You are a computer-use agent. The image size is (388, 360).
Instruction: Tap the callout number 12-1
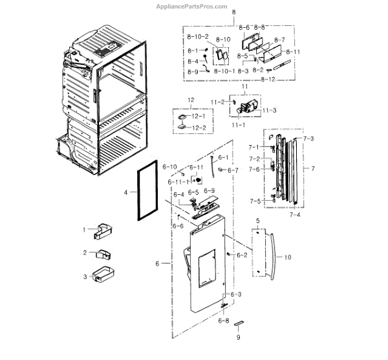click(x=197, y=116)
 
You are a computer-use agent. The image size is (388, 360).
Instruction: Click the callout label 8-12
click(x=268, y=79)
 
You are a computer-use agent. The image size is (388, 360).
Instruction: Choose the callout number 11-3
click(x=268, y=111)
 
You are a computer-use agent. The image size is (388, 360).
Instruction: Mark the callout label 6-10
click(x=169, y=168)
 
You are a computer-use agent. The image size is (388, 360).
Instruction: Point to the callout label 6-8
click(x=223, y=321)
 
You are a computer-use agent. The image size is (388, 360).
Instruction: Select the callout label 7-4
click(x=294, y=214)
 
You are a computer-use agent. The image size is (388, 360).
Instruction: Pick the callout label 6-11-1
click(x=177, y=183)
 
